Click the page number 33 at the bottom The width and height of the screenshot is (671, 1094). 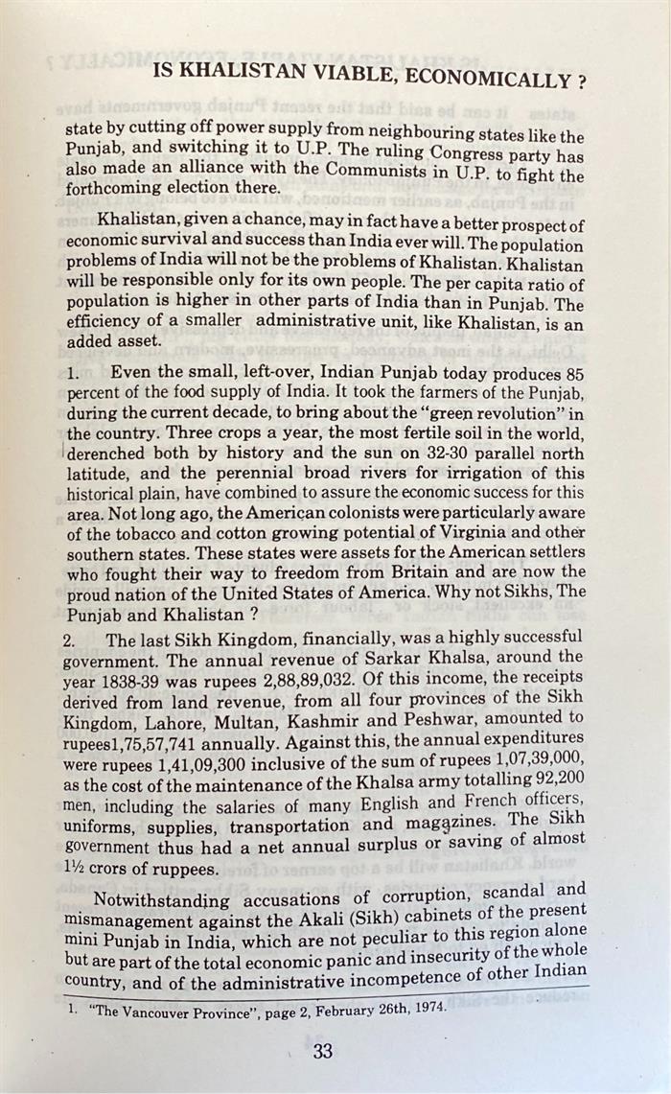pyautogui.click(x=322, y=1051)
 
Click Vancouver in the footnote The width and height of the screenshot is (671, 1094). pyautogui.click(x=157, y=1013)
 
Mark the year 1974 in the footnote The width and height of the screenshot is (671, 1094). pyautogui.click(x=427, y=1010)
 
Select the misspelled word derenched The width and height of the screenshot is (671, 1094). pyautogui.click(x=110, y=453)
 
